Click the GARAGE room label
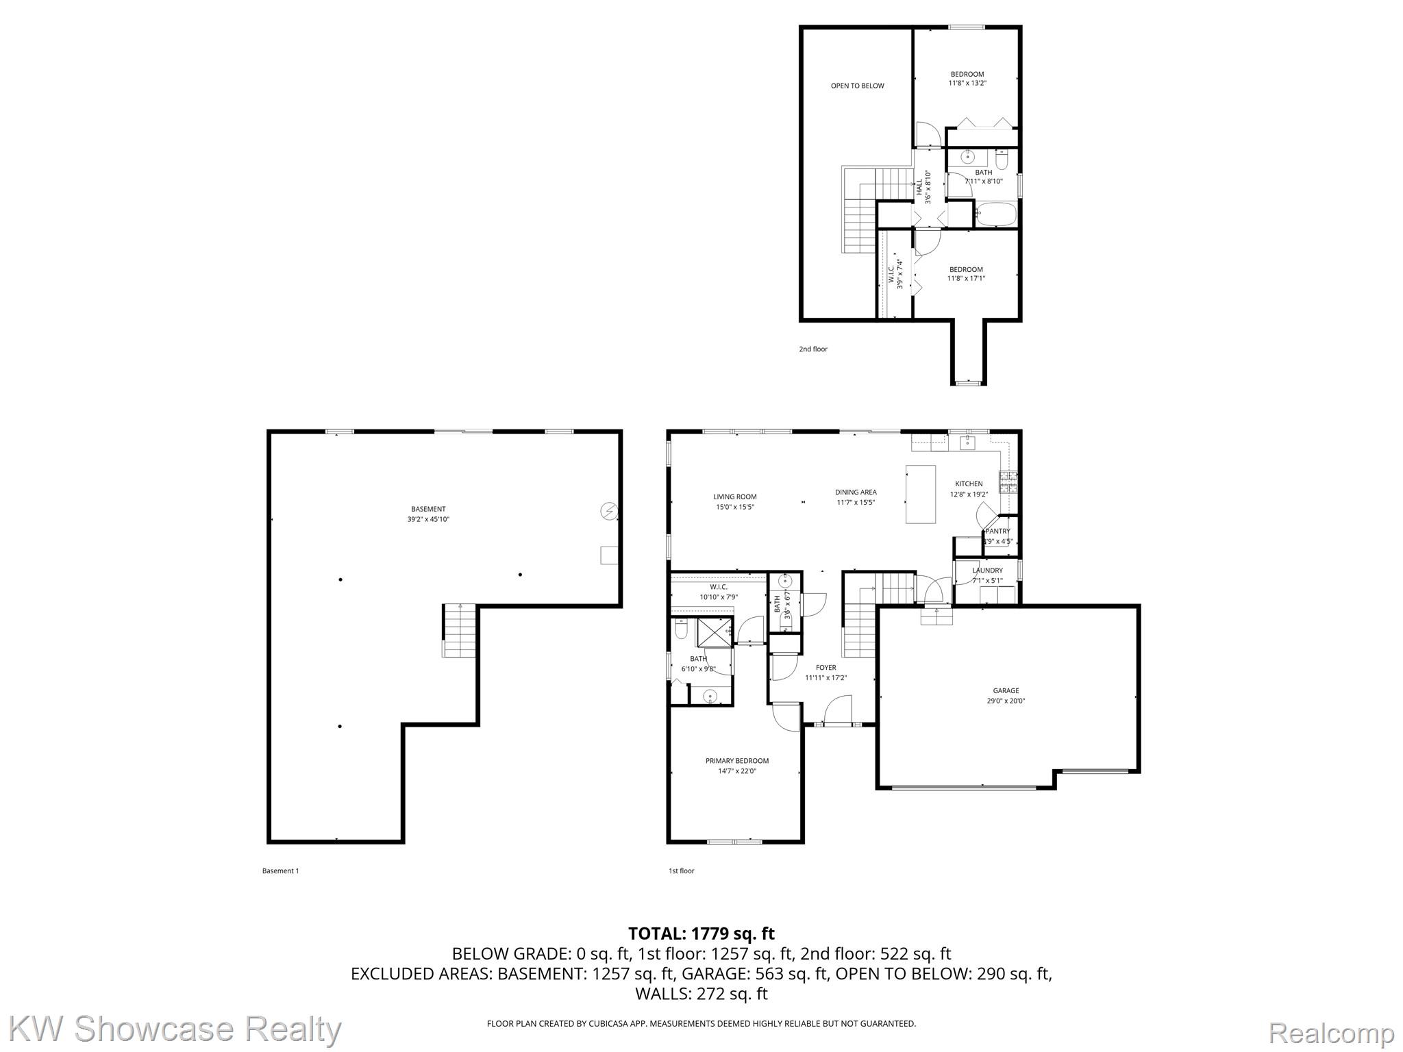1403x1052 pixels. point(1006,690)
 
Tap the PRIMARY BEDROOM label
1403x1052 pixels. point(737,760)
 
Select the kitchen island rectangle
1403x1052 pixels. point(920,494)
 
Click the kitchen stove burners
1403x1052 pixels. point(1008,482)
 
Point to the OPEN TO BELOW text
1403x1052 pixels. point(857,86)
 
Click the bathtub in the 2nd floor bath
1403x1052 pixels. point(995,214)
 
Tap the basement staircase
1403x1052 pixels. point(459,630)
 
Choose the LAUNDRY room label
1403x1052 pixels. point(987,570)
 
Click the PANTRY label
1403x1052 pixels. point(997,531)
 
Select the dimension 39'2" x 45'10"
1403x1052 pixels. point(428,519)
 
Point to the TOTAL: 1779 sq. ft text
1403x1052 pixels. point(701,933)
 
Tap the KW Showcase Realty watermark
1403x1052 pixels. point(175,1029)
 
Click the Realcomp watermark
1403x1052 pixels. point(1331,1032)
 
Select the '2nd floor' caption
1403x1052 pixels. point(812,349)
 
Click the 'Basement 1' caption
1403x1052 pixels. point(280,871)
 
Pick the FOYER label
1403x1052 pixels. point(825,667)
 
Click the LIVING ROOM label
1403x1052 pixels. point(734,497)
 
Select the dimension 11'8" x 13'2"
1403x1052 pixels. point(967,83)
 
